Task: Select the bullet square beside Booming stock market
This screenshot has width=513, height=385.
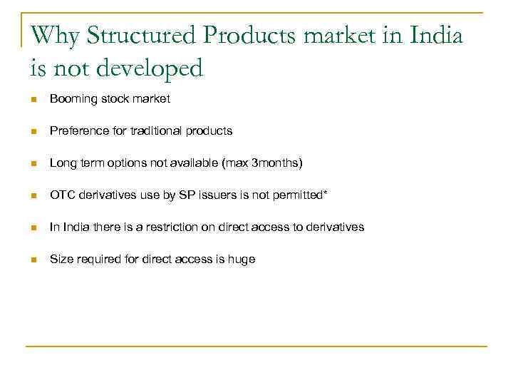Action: [34, 100]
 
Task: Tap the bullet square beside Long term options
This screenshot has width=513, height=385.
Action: [34, 164]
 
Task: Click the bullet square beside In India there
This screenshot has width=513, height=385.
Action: [34, 228]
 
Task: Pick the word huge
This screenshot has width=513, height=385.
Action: [242, 260]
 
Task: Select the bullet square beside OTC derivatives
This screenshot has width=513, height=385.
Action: [34, 196]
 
